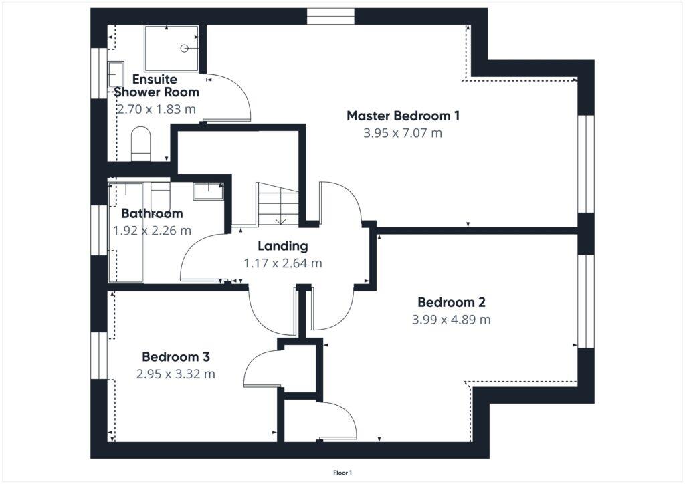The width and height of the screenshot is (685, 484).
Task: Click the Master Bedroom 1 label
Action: pyautogui.click(x=403, y=116)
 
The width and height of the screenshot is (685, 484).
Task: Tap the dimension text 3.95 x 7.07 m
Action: pyautogui.click(x=403, y=133)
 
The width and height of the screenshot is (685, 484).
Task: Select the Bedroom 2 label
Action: pyautogui.click(x=452, y=301)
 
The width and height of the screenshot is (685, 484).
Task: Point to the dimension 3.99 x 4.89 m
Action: pyautogui.click(x=452, y=320)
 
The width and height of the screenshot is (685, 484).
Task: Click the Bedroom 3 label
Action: pyautogui.click(x=175, y=356)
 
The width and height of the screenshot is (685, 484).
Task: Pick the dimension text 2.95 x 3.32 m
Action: pyautogui.click(x=175, y=374)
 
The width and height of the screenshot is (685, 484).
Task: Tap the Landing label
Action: pyautogui.click(x=283, y=245)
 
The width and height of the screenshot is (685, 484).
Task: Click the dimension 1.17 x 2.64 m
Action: pyautogui.click(x=283, y=263)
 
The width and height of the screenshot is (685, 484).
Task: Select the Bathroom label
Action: pyautogui.click(x=152, y=213)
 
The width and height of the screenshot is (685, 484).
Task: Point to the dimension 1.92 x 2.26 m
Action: pyautogui.click(x=152, y=231)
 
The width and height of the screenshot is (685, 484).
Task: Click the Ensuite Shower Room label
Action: pyautogui.click(x=155, y=86)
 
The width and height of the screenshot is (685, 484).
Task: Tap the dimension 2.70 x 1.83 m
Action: pyautogui.click(x=157, y=109)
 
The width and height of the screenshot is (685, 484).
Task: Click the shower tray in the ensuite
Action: pyautogui.click(x=171, y=48)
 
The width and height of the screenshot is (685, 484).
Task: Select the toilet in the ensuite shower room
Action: pyautogui.click(x=141, y=144)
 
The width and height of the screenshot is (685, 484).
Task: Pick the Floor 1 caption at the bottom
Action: pyautogui.click(x=342, y=473)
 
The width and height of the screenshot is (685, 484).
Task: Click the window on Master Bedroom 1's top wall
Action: pyautogui.click(x=330, y=16)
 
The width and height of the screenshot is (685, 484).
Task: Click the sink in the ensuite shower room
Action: pyautogui.click(x=116, y=74)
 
